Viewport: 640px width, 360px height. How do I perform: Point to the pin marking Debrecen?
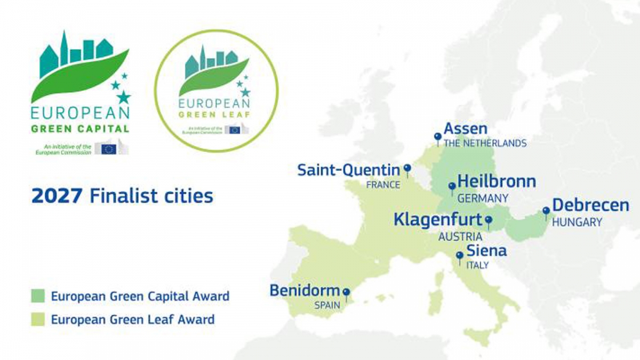click(546, 211)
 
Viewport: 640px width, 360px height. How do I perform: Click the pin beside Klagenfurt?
click(488, 220)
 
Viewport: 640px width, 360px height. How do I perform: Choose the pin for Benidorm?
click(346, 293)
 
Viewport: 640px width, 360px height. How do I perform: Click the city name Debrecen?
click(590, 205)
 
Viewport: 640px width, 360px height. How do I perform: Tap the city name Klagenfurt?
click(437, 219)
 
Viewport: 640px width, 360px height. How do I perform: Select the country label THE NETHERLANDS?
click(485, 143)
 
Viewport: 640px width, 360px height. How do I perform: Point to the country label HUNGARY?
click(577, 222)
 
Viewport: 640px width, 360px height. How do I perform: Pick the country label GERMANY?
click(483, 198)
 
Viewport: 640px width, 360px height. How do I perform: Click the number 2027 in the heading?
click(57, 196)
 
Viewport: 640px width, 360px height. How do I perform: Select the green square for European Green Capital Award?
click(38, 296)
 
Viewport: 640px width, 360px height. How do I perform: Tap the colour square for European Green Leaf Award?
click(38, 320)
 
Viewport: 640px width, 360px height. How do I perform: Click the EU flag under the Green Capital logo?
click(109, 149)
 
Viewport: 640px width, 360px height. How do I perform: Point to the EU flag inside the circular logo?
click(235, 130)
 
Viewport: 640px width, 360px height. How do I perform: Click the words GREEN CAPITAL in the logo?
click(80, 129)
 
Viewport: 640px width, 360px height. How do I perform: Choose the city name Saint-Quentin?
click(348, 170)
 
